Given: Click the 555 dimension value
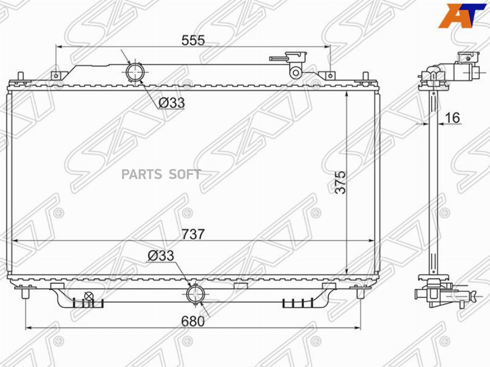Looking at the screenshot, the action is pos(193,40).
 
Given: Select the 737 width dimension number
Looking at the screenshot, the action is pos(193,234).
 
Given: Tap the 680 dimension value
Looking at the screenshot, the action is pos(193,321).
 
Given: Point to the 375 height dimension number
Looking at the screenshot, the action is pos(341,182).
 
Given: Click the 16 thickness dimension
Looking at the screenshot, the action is pos(452,117).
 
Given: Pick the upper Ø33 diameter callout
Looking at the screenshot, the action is pos(171,103).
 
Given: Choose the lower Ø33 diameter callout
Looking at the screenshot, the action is pos(161,256).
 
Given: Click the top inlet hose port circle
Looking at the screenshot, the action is pos(134,72).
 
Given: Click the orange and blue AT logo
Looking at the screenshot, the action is pos(462,15).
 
